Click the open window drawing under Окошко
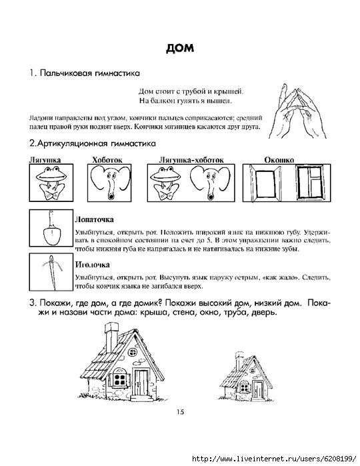[266, 184]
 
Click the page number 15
[179, 412]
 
